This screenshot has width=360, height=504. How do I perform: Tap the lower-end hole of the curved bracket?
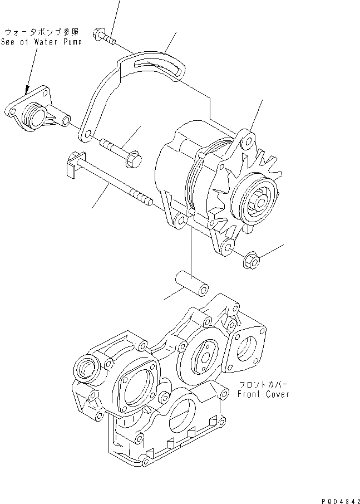(x=86, y=134)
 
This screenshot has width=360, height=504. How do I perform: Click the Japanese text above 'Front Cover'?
(x=262, y=384)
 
